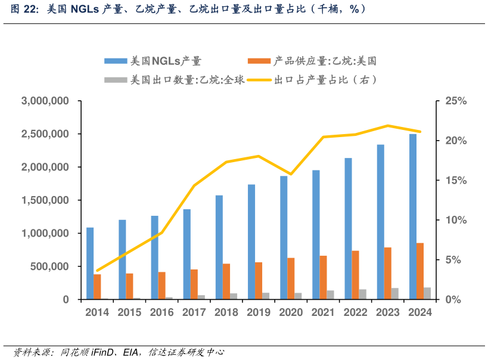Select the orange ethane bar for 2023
388,273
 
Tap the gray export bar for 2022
363,294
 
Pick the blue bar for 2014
90,263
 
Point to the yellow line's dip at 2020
291,174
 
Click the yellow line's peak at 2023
388,126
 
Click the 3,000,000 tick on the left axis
45,101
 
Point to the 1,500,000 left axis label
45,200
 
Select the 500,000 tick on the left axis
50,266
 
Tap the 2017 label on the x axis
194,312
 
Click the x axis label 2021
323,312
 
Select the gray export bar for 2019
266,296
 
